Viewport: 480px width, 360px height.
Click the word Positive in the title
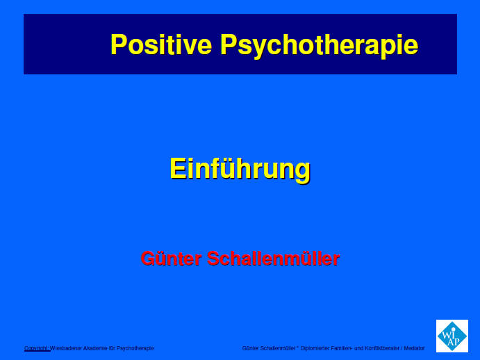tap(161, 44)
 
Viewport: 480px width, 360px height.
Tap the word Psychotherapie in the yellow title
tap(319, 46)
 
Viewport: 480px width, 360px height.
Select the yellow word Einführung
tap(240, 169)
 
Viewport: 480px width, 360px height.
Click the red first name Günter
tap(171, 259)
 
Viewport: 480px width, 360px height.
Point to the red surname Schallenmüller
tap(274, 259)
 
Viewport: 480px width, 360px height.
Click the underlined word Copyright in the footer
tap(37, 348)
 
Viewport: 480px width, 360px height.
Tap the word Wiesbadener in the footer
tap(66, 348)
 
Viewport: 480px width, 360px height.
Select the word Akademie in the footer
tap(95, 348)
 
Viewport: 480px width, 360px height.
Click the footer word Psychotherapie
tap(135, 348)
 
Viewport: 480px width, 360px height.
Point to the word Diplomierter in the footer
tap(315, 348)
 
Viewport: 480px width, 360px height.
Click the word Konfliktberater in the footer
tap(382, 348)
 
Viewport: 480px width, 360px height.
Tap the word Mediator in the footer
tap(414, 348)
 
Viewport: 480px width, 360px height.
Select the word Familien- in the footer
tap(342, 348)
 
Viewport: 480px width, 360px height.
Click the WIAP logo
tap(452, 336)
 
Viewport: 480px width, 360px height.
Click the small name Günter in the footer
tap(250, 348)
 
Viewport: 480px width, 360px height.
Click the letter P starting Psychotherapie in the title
tap(228, 44)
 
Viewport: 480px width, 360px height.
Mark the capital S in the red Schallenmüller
tap(213, 259)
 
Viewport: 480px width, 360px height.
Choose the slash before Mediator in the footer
tap(402, 348)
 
